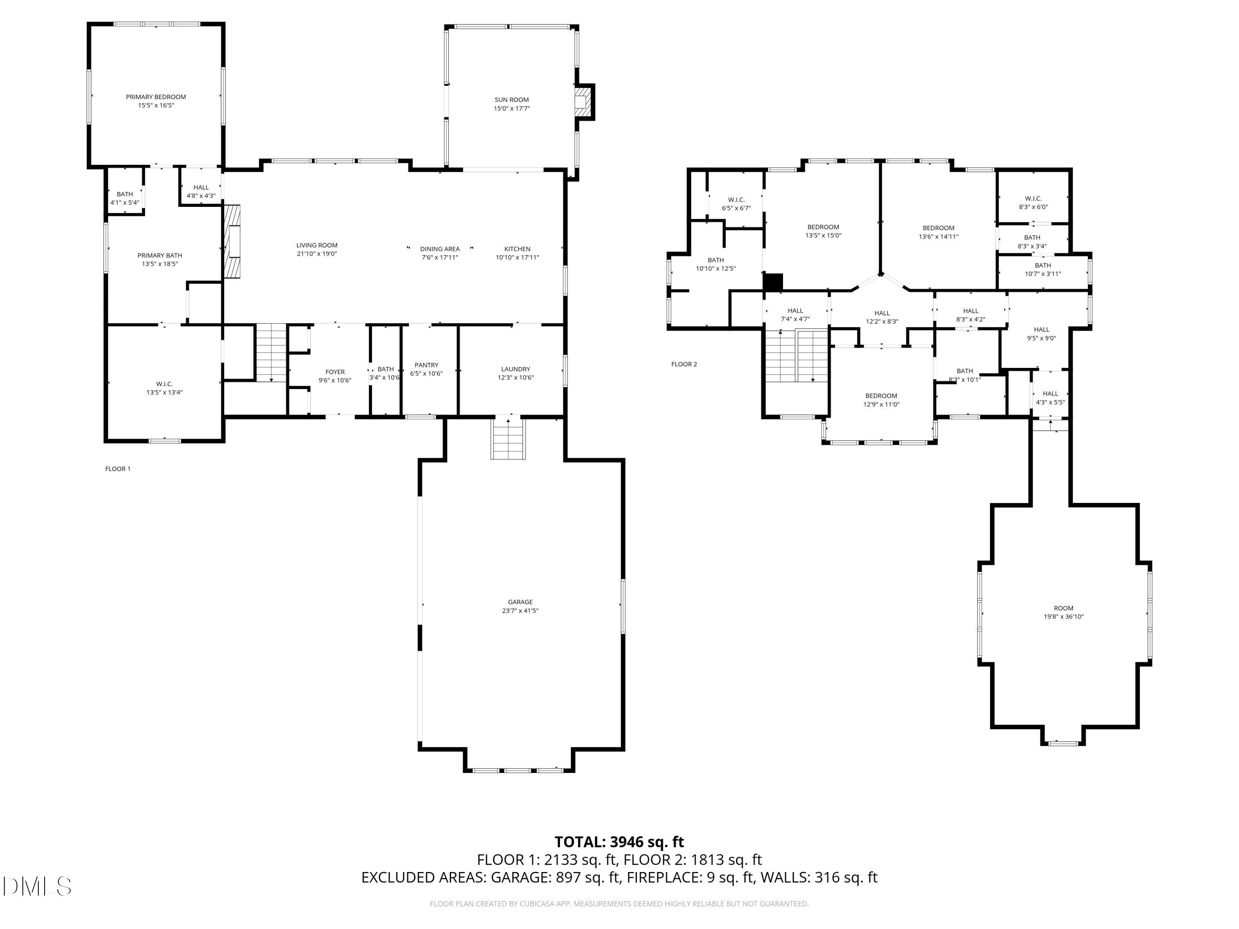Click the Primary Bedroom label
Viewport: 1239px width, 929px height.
(156, 97)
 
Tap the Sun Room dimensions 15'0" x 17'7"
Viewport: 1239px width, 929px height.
(511, 109)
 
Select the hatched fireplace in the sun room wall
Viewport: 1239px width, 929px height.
(584, 102)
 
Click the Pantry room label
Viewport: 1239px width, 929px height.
(426, 365)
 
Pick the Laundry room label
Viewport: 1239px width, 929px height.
(515, 369)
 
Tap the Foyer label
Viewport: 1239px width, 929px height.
(335, 372)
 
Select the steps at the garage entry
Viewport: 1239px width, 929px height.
(508, 440)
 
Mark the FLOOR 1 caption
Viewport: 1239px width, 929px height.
(118, 469)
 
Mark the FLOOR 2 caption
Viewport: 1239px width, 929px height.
(684, 364)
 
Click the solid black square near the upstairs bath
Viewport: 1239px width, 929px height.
(773, 282)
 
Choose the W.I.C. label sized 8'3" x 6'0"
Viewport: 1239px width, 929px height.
(1033, 198)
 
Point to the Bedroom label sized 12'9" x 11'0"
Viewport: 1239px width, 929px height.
(881, 396)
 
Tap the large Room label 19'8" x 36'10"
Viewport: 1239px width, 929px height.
(1063, 608)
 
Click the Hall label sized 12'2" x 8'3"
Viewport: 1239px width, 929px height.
(882, 313)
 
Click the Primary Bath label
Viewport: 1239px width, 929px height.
(160, 255)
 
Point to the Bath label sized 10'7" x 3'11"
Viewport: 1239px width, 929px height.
(1042, 265)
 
